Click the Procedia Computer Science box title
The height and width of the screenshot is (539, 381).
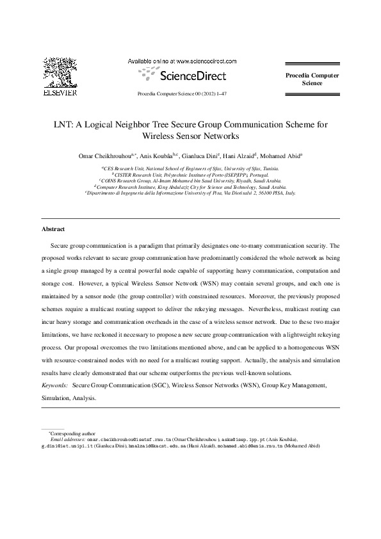point(312,79)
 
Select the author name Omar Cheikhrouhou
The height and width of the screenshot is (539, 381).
point(103,156)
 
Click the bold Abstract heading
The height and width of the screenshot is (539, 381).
point(53,229)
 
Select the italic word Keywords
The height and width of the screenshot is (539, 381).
point(54,386)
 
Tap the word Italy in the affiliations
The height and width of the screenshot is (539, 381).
point(290,191)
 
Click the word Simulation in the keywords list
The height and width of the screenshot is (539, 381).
point(56,398)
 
